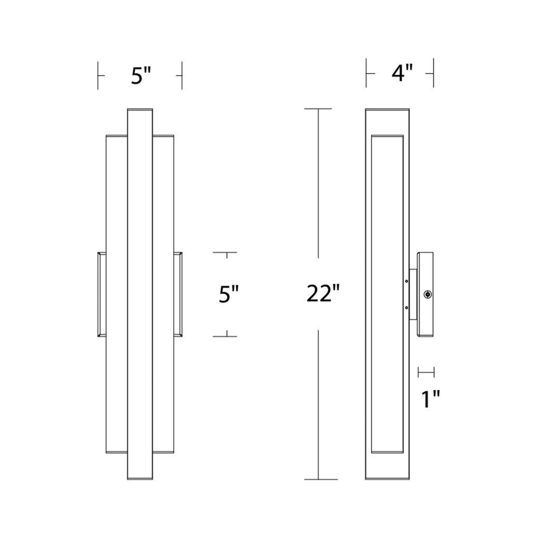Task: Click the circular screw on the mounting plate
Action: click(427, 295)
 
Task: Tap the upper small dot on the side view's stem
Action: click(407, 281)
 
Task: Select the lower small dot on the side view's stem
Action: click(407, 308)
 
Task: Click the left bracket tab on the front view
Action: click(101, 295)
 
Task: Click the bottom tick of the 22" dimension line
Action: click(320, 479)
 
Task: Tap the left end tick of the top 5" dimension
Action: click(98, 76)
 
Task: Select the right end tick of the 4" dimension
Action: click(433, 73)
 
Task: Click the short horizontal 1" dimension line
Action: click(426, 372)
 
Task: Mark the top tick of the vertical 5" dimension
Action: click(226, 252)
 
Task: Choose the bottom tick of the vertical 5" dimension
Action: click(226, 336)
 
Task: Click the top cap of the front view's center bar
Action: click(140, 110)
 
